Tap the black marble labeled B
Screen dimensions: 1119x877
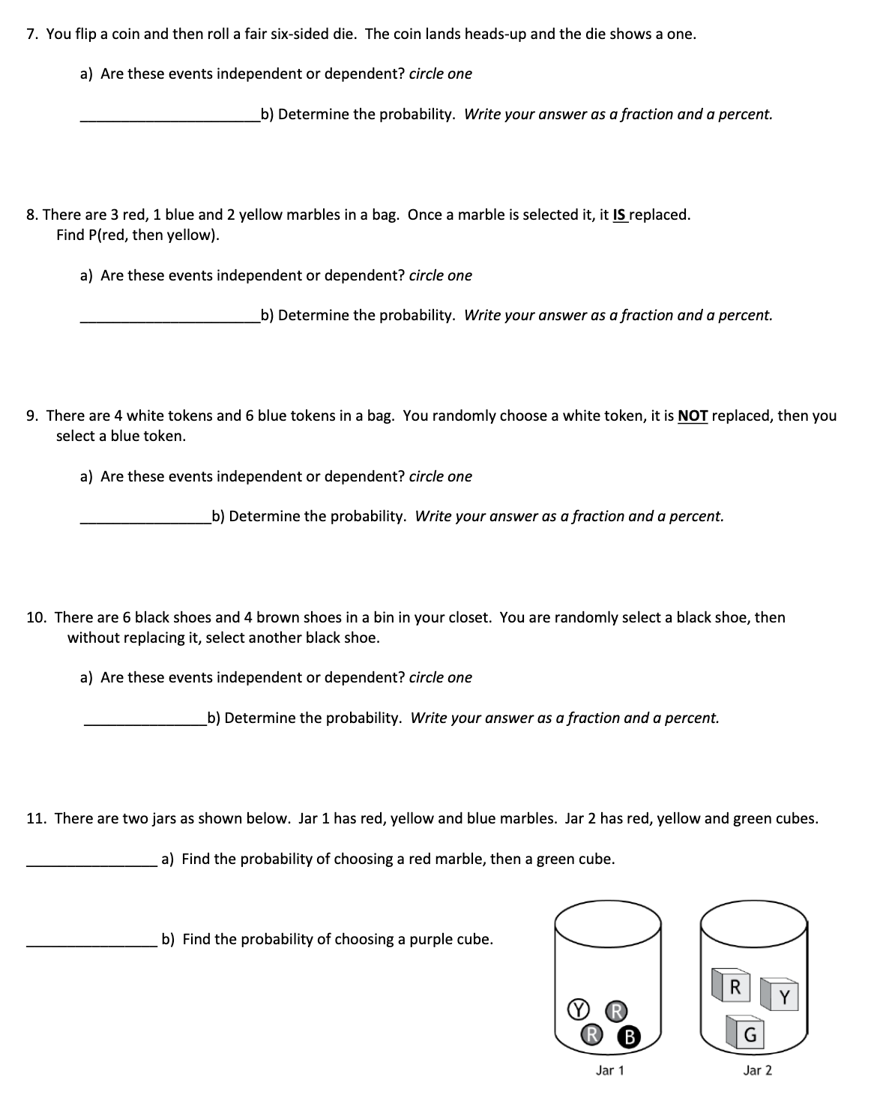click(630, 1037)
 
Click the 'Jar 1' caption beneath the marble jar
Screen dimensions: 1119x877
click(609, 1070)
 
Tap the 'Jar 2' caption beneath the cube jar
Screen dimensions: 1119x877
click(757, 1070)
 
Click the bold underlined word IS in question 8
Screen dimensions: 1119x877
click(619, 215)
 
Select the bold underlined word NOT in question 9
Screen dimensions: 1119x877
click(693, 416)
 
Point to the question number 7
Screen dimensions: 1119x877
click(32, 34)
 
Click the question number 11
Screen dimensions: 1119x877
click(37, 818)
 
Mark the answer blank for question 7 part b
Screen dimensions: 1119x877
click(169, 115)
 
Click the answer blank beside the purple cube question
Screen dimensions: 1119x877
click(91, 940)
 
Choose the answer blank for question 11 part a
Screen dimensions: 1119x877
click(91, 859)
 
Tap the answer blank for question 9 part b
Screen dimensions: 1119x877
click(145, 517)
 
